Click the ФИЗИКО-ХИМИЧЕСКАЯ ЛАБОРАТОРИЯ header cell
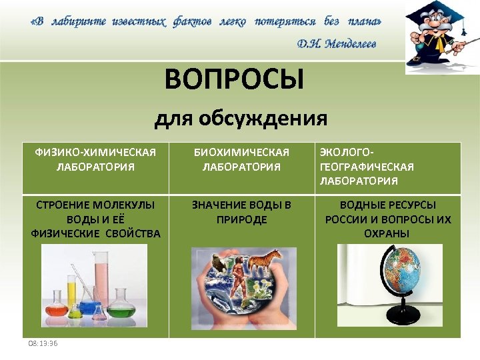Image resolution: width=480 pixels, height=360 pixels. tap(95, 159)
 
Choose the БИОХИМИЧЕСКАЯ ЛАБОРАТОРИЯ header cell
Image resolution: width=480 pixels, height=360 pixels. tap(241, 159)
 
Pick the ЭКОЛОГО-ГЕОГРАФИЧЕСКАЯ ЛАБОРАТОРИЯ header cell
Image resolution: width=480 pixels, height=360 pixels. tap(367, 167)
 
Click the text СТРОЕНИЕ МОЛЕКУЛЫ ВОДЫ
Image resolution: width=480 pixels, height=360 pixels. tap(95, 205)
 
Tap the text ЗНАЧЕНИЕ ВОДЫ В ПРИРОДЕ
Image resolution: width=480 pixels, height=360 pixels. tap(241, 212)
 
